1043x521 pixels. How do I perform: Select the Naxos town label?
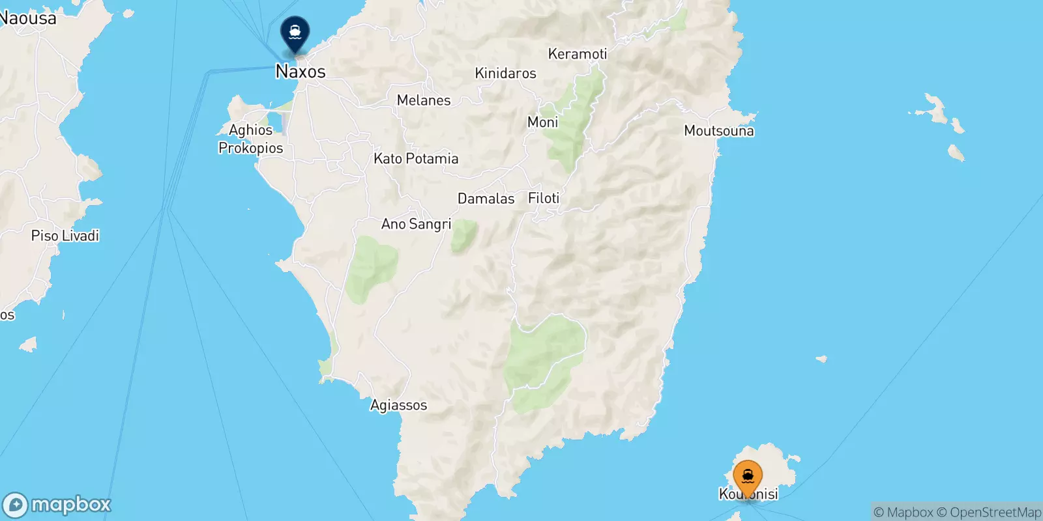pos(301,71)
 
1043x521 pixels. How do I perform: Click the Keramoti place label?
pos(577,54)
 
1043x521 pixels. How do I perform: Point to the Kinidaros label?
pos(505,73)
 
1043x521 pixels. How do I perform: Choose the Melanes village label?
pos(424,100)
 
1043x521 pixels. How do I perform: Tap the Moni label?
pos(542,122)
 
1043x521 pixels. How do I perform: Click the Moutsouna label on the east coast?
pos(718,131)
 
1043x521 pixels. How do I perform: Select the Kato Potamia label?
pos(416,158)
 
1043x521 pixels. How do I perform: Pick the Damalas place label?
pos(486,199)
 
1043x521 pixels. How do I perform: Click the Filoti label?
pos(544,198)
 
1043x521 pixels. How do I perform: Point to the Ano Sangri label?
pos(416,224)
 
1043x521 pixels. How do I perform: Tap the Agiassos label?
pos(398,405)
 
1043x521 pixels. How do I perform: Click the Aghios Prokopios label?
pos(251,139)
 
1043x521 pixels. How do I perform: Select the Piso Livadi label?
pos(65,236)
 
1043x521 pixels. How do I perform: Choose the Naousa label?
pos(28,18)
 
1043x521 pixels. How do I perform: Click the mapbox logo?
pos(57,505)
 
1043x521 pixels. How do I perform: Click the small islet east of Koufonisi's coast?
pos(821,359)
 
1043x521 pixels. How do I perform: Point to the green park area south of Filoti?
pos(545,361)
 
